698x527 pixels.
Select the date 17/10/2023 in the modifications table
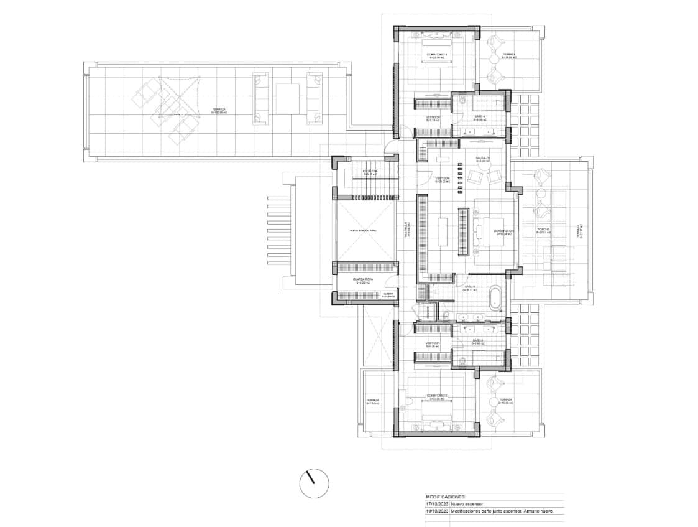(x=437, y=504)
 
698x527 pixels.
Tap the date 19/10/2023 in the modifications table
(x=437, y=511)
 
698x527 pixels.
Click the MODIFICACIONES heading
(x=446, y=497)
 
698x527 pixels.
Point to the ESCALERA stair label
(x=370, y=172)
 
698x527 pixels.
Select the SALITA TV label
(x=483, y=159)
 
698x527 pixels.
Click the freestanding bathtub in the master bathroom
(x=495, y=297)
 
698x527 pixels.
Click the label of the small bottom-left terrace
(x=372, y=401)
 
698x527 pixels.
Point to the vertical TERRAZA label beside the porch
(x=577, y=231)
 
